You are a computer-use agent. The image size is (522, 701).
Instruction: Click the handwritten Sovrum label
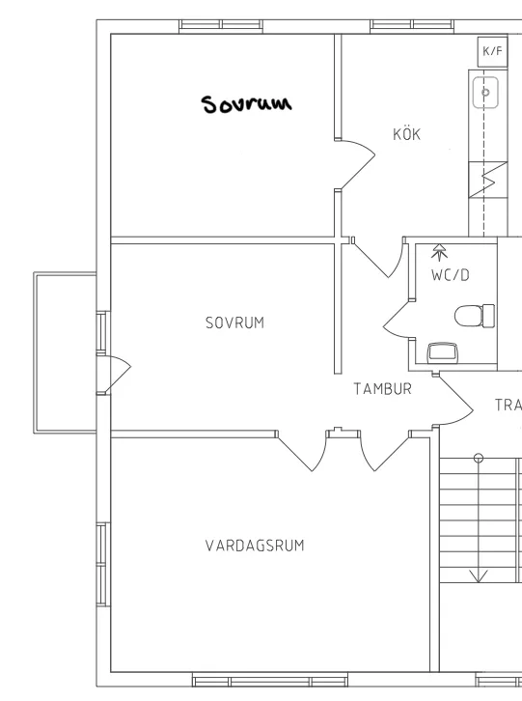(246, 103)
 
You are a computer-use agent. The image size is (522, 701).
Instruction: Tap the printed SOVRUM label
(234, 322)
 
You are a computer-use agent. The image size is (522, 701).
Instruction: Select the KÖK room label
(406, 133)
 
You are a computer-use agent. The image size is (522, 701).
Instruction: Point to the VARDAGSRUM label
(255, 546)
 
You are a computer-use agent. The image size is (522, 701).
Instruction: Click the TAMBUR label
(382, 389)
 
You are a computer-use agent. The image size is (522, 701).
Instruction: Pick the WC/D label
(451, 275)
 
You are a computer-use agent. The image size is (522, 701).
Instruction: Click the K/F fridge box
(492, 52)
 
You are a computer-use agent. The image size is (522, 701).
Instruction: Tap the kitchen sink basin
(485, 93)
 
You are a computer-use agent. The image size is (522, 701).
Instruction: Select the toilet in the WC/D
(475, 316)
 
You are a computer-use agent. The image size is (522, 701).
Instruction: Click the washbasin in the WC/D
(443, 353)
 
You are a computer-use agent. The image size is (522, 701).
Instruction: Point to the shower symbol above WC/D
(439, 252)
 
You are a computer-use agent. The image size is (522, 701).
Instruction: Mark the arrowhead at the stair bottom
(479, 576)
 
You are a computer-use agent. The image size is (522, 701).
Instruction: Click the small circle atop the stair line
(479, 458)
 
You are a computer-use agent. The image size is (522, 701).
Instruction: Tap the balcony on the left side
(66, 352)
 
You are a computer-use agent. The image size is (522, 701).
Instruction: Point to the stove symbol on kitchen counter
(488, 180)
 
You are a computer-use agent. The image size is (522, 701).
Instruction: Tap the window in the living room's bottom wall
(270, 682)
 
